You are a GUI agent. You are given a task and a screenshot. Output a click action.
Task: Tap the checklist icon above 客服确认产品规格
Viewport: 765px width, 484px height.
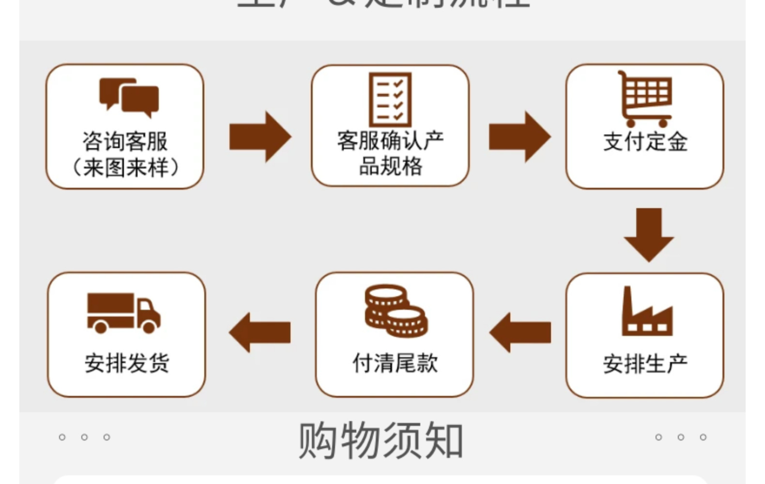(390, 100)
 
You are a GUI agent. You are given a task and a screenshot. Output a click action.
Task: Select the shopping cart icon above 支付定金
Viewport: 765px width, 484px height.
(645, 99)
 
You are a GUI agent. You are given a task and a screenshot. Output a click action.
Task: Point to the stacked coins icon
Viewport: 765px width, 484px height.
(396, 310)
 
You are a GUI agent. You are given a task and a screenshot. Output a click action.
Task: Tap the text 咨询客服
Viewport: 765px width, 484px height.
(125, 141)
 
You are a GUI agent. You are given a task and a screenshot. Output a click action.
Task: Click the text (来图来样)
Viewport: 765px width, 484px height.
(125, 167)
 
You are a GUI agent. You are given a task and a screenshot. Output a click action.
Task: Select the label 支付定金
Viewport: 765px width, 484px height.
(645, 142)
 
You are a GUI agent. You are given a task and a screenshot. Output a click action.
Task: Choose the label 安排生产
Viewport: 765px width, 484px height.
(645, 363)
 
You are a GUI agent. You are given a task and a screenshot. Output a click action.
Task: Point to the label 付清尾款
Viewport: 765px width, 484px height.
(395, 363)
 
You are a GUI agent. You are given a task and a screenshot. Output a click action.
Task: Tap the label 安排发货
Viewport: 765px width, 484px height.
(127, 363)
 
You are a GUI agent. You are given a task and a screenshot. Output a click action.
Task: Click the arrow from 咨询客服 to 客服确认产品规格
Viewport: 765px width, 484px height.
(260, 136)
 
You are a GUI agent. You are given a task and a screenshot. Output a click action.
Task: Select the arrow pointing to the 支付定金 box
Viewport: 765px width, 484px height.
(519, 136)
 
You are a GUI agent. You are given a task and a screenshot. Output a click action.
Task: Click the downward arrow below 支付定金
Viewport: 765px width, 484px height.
(649, 234)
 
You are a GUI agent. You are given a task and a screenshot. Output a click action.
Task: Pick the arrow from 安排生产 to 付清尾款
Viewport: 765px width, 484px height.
(520, 333)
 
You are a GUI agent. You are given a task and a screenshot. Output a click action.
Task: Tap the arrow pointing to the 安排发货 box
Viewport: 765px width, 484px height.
(260, 333)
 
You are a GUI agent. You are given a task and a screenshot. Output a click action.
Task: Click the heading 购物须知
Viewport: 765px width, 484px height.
(381, 440)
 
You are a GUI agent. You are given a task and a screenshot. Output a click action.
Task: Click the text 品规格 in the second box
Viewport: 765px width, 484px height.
(390, 166)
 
